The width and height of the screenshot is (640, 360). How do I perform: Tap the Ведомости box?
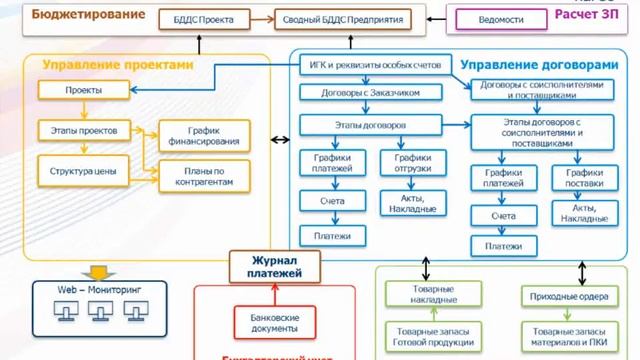(502, 18)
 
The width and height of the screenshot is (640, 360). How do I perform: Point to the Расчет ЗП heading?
(591, 15)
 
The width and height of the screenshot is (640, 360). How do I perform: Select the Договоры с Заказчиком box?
(369, 91)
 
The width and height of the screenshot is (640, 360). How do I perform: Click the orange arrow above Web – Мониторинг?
(98, 270)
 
